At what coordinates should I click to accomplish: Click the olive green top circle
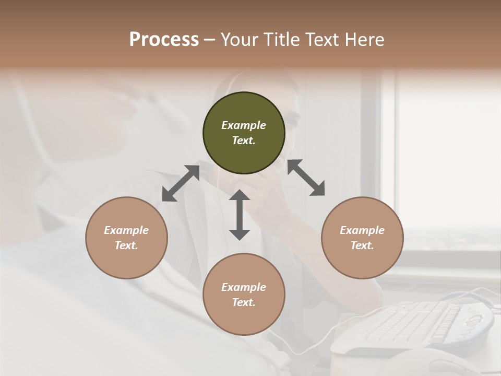244,133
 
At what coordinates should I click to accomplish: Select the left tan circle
126,238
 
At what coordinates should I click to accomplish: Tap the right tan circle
362,238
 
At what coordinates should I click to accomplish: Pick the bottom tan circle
244,295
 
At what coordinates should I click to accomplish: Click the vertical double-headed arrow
240,215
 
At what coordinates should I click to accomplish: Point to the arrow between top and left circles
181,183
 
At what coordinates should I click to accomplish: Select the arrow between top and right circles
306,178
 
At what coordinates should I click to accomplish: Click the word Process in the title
164,39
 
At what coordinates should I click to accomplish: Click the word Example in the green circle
244,125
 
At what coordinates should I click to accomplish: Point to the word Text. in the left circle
126,245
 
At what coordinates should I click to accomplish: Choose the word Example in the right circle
362,230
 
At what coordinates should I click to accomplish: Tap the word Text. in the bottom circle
244,302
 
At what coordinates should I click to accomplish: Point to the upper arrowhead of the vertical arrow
240,196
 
